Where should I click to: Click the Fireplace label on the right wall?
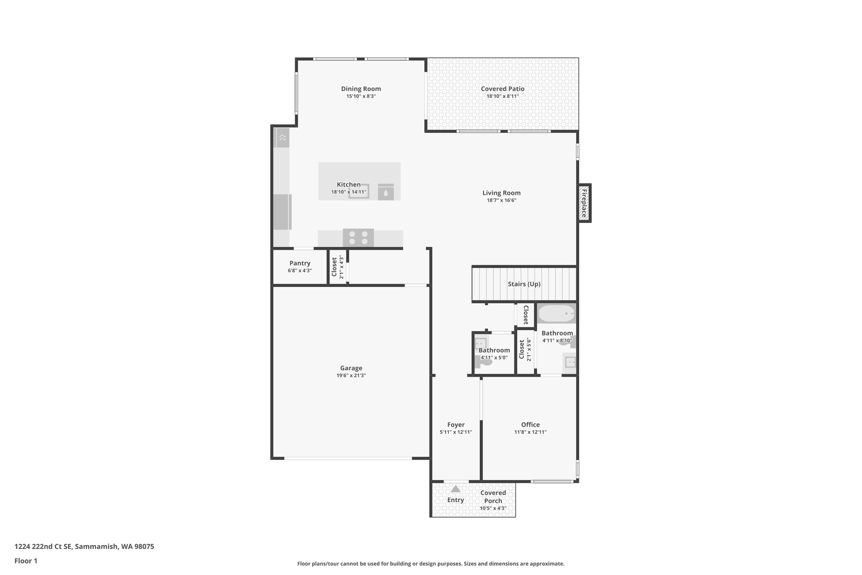584,203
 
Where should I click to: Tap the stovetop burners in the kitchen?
358,238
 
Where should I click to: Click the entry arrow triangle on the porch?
455,489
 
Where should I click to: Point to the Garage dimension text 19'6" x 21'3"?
351,375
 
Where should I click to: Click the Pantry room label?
300,263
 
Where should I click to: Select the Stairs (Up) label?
524,284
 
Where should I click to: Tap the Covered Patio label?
503,89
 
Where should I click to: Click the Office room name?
530,425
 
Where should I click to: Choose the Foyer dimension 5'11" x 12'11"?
456,432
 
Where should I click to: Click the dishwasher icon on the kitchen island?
386,192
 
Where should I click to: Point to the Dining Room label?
361,89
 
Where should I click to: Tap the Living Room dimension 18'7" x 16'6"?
501,201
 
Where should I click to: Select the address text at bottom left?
84,547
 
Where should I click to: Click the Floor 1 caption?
26,561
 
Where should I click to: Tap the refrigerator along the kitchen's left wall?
282,212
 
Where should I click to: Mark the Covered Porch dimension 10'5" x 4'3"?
493,508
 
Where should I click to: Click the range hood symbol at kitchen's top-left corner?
282,138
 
